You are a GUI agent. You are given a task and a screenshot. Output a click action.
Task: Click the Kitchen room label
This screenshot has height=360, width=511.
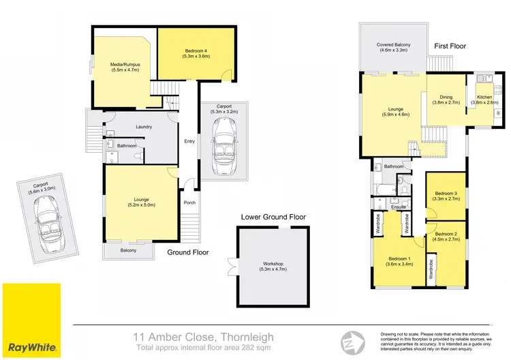(x=484, y=100)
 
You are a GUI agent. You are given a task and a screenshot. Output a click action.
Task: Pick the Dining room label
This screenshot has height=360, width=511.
(x=446, y=100)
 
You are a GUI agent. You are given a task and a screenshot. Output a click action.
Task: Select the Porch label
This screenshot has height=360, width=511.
(x=190, y=202)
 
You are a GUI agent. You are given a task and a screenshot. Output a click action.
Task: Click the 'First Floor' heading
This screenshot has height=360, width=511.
(x=450, y=46)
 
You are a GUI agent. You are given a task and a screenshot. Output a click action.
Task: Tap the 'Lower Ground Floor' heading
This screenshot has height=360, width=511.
(x=273, y=217)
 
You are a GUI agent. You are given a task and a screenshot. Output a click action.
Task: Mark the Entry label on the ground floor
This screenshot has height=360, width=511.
(x=189, y=141)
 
